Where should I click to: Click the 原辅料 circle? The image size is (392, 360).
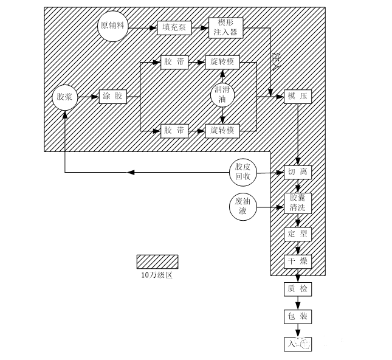coord(112,27)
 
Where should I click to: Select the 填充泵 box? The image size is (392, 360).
coord(174,27)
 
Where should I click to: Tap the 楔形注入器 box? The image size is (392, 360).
coord(225,27)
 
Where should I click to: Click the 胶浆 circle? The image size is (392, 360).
coord(64,97)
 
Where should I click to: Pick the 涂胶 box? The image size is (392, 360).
coord(112,97)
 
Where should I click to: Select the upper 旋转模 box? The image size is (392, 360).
coord(225,62)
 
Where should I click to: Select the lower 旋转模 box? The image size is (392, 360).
coord(225,130)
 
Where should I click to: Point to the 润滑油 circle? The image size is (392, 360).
coord(223,95)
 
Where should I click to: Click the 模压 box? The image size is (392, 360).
coord(298,97)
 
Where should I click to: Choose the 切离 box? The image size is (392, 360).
coord(298,173)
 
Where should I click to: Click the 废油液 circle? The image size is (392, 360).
coord(243,207)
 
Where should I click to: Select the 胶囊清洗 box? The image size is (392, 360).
coord(298,202)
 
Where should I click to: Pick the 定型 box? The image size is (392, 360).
coord(298,234)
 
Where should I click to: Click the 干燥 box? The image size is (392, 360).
coord(298,262)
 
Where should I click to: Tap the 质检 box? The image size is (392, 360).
coord(298,289)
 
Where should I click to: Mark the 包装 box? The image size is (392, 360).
coord(298,317)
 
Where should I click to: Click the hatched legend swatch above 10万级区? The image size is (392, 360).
coord(157,261)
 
